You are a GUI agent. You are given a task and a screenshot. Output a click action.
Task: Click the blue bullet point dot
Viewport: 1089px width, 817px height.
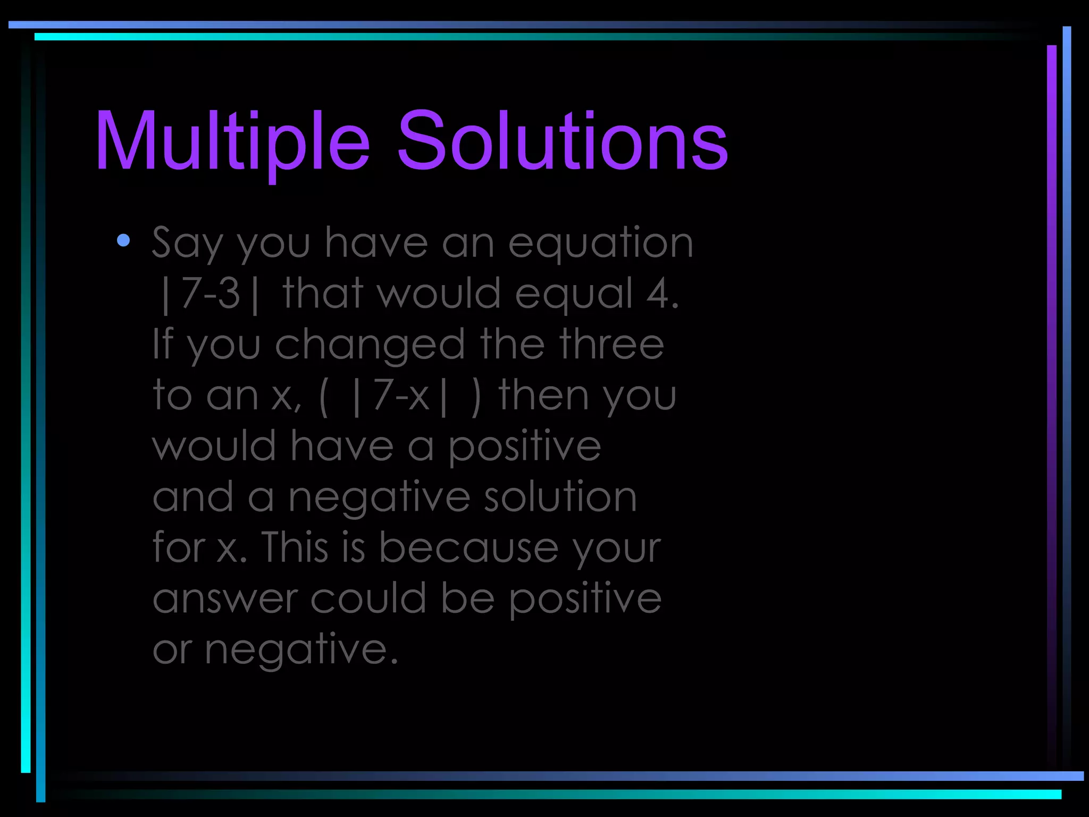click(x=123, y=240)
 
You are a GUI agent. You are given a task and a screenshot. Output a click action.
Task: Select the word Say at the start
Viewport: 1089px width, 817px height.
click(x=187, y=244)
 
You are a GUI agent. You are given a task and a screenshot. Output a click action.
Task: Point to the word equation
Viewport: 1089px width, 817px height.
click(x=600, y=244)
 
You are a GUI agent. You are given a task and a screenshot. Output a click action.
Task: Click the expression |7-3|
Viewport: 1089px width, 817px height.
click(x=211, y=294)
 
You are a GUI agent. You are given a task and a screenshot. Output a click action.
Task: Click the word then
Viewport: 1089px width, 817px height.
click(x=543, y=395)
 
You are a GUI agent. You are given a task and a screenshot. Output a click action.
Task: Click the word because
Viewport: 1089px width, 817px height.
click(x=468, y=547)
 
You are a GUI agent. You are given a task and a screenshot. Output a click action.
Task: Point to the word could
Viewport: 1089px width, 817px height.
click(x=368, y=597)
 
